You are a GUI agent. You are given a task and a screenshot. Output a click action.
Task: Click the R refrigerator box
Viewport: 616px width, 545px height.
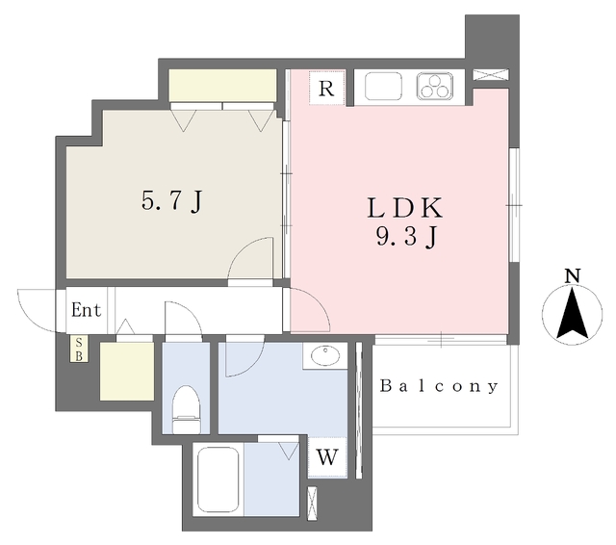point(326,90)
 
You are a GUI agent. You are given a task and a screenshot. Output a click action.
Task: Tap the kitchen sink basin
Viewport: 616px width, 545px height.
point(387,87)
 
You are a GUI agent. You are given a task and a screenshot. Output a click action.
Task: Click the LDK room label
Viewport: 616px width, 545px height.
point(404,208)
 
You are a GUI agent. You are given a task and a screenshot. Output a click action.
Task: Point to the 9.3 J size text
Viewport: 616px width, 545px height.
point(404,237)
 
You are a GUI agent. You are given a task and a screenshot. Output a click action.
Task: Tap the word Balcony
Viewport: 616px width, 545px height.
point(440,387)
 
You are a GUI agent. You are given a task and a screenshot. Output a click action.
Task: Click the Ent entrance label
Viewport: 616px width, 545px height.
point(85,310)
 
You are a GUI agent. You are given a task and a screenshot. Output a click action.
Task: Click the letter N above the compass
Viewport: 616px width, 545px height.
point(573,275)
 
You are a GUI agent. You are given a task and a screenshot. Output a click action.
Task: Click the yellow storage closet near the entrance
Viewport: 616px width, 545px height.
point(126,371)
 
